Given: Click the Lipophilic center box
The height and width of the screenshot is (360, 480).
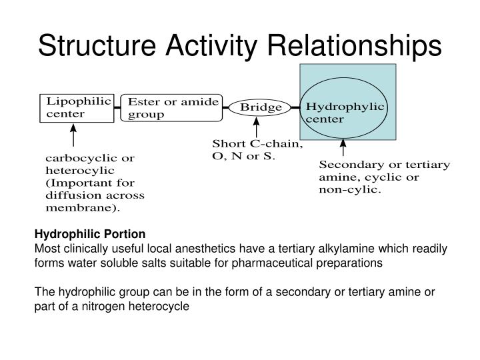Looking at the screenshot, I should tap(76, 108).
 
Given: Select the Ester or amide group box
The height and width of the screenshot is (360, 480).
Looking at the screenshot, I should tap(173, 108).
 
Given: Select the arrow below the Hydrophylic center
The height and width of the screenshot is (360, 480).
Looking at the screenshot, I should tap(343, 147).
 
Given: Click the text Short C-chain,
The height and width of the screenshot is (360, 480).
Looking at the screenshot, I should tap(257, 144).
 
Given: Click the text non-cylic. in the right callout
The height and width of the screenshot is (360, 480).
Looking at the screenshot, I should tap(350, 189).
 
